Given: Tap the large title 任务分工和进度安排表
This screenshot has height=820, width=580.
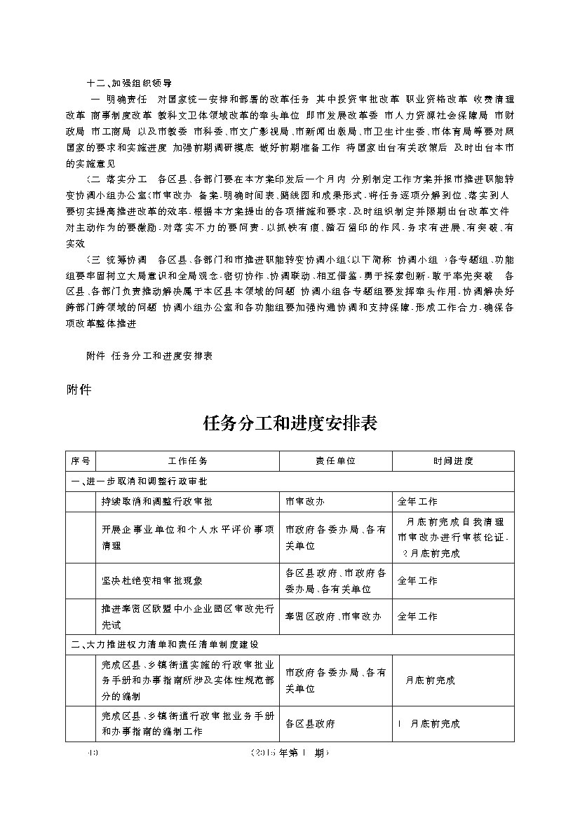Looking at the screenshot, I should (x=290, y=424).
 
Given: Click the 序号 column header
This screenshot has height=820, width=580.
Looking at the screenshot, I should (x=81, y=461).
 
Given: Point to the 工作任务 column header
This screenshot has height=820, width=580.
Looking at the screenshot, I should (x=187, y=461).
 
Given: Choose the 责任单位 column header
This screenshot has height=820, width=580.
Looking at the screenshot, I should (x=335, y=461).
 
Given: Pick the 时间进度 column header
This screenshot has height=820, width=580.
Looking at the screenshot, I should (x=452, y=461).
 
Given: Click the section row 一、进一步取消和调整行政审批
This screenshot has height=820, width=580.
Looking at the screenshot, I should (x=138, y=481).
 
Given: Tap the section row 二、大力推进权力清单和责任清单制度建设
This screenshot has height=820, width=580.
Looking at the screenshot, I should (x=165, y=644).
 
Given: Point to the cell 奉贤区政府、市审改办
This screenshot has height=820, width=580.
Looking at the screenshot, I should (x=333, y=617).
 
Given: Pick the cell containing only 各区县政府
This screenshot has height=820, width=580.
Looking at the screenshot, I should (x=310, y=724).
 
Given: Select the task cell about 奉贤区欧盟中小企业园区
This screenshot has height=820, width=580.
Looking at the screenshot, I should (x=187, y=617).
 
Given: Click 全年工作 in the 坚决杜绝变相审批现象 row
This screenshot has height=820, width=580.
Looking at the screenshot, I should (x=417, y=581).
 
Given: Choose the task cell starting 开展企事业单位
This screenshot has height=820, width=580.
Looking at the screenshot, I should (x=187, y=538).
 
